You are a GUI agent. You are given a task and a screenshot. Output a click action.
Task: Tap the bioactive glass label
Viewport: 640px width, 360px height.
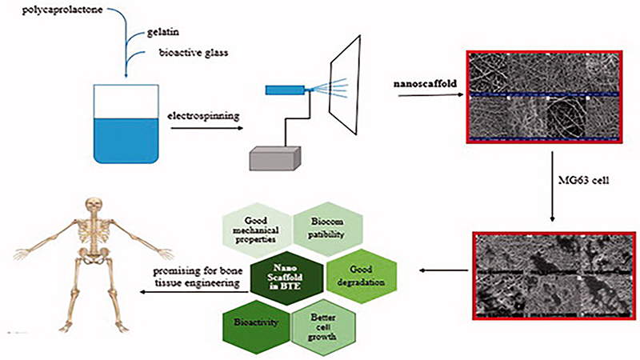click(172, 54)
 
